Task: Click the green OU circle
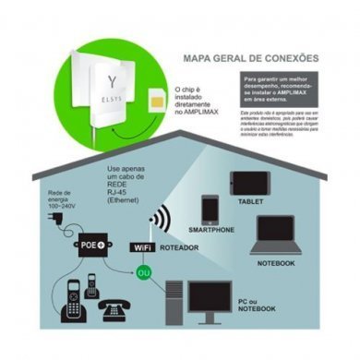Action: click(x=143, y=274)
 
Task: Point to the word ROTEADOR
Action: click(x=183, y=248)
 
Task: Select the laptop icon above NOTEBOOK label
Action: click(x=275, y=235)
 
